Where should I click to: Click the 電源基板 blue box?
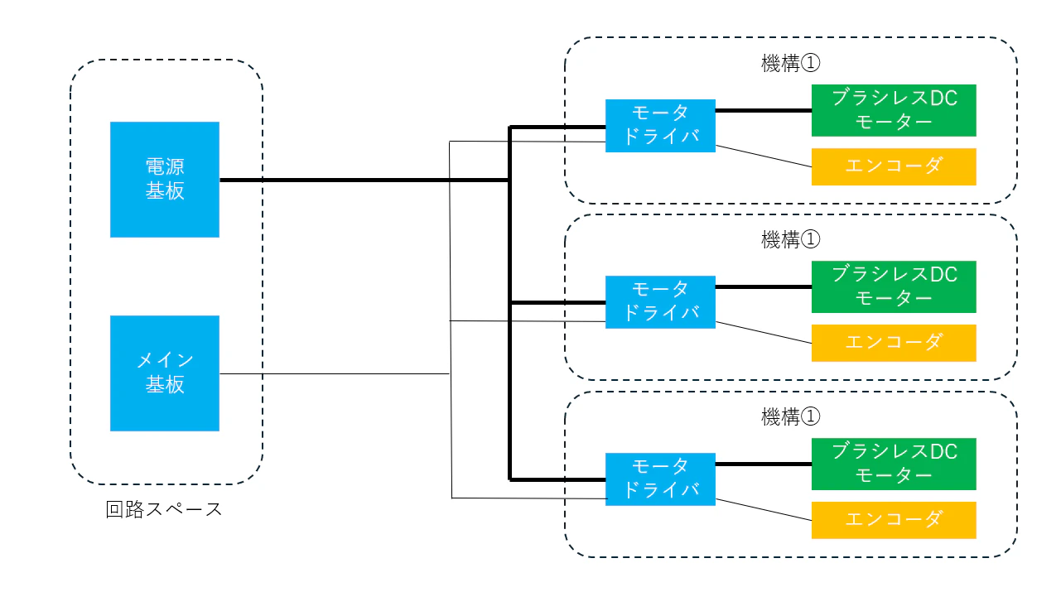165,180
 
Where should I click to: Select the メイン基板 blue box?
165,373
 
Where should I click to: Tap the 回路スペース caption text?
164,509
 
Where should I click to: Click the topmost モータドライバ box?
660,126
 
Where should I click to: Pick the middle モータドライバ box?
660,302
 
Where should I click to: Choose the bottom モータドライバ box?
660,479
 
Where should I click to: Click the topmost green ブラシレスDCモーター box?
894,110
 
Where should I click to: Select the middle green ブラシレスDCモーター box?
894,286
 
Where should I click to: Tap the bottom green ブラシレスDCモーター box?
894,464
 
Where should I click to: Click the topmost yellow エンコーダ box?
894,167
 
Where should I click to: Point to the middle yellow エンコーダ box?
894,343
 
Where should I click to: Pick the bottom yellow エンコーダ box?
894,520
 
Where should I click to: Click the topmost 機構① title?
791,63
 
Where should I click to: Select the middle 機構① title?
791,240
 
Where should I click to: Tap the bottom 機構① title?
791,416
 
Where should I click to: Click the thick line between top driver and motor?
764,110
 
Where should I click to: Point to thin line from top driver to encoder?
764,156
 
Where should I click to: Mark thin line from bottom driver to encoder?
764,510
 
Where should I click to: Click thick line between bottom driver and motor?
764,464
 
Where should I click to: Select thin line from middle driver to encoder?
764,333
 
